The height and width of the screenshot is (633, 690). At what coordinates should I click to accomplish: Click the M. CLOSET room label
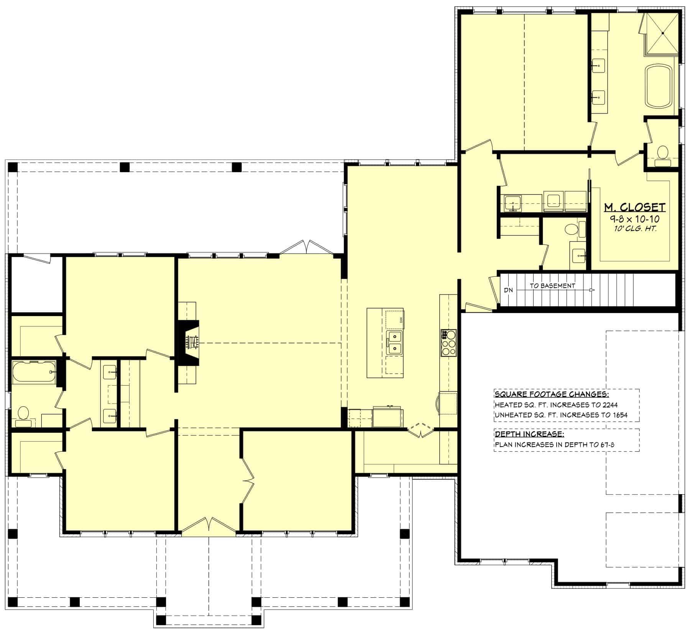coord(634,208)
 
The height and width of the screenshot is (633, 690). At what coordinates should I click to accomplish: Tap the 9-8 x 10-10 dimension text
coord(634,219)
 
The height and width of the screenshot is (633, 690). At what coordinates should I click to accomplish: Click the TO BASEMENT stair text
coord(552,285)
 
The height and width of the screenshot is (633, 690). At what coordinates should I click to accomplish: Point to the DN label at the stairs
coord(508,290)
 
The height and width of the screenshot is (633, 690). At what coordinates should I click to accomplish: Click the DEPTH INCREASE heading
coord(529,434)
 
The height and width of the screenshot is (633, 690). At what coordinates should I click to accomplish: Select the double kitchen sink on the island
coord(394,343)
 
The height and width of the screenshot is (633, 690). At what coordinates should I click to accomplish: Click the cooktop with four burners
coord(449,343)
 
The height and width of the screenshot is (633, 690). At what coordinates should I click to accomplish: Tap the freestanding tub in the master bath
coord(659,86)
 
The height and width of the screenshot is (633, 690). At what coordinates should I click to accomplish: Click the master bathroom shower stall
coord(662,34)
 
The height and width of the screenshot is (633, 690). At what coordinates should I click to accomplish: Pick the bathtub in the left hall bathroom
coord(34,371)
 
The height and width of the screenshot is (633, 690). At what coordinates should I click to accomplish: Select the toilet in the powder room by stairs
coord(571,229)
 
